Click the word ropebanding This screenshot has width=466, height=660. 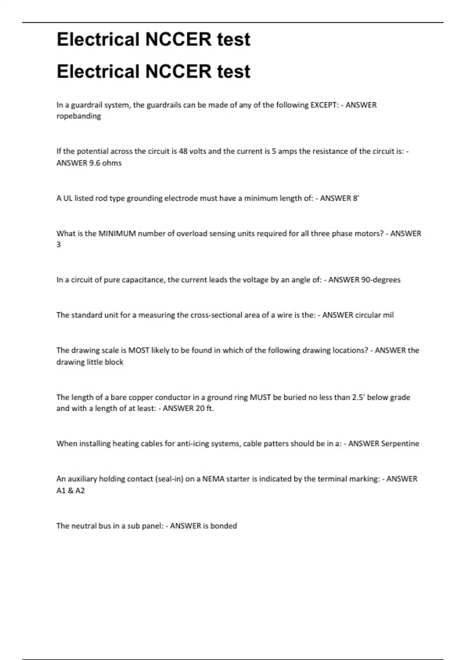click(x=78, y=116)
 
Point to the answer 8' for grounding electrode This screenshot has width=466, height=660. click(x=356, y=198)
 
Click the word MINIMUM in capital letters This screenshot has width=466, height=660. click(x=117, y=234)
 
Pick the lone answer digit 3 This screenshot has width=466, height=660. click(x=59, y=245)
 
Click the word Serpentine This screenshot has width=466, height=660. click(x=400, y=444)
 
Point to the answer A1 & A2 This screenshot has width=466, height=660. click(x=70, y=491)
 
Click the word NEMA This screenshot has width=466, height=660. click(x=213, y=479)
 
